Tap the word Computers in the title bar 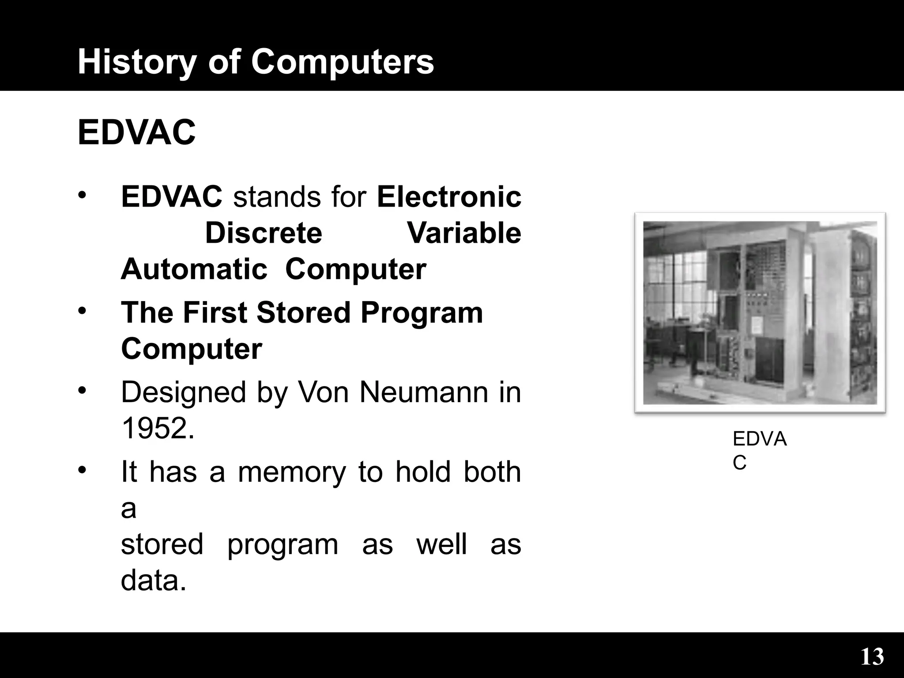click(x=343, y=62)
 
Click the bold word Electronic click(x=449, y=197)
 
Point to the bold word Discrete click(x=264, y=233)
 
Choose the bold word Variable click(x=464, y=233)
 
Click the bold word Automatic click(x=194, y=269)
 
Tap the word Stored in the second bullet click(x=303, y=313)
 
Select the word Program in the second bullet click(x=422, y=313)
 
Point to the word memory click(x=292, y=471)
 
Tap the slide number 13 click(x=872, y=656)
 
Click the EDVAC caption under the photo click(x=759, y=450)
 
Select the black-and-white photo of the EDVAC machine click(x=760, y=313)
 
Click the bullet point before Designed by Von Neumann click(x=81, y=391)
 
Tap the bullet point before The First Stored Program click(x=81, y=311)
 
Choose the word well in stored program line click(x=441, y=544)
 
